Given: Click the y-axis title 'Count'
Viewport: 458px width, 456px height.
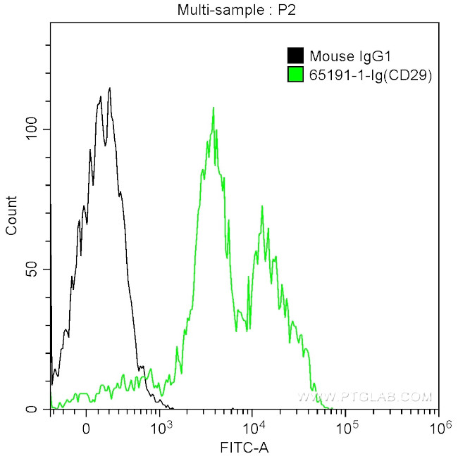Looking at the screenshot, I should (x=11, y=215).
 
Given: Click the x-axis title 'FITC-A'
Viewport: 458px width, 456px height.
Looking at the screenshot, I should (x=245, y=446).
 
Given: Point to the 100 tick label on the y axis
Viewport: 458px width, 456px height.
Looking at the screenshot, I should (x=34, y=129).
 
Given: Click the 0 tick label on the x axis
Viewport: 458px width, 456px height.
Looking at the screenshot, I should (x=86, y=426).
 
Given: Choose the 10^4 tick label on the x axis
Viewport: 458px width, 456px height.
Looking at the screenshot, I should (x=253, y=425).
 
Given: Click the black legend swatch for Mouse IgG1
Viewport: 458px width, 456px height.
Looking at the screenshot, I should (x=295, y=56).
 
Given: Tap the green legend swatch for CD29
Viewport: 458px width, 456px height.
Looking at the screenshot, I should (x=295, y=74).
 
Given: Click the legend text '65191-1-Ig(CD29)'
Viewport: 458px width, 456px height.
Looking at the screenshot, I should (x=370, y=74).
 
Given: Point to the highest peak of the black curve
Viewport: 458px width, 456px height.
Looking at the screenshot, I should (x=109, y=88).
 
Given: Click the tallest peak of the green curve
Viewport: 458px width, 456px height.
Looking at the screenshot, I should (x=213, y=108).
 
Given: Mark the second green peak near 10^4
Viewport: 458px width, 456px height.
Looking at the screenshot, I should (x=262, y=207).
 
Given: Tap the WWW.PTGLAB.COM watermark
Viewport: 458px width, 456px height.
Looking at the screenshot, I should (x=364, y=398).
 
